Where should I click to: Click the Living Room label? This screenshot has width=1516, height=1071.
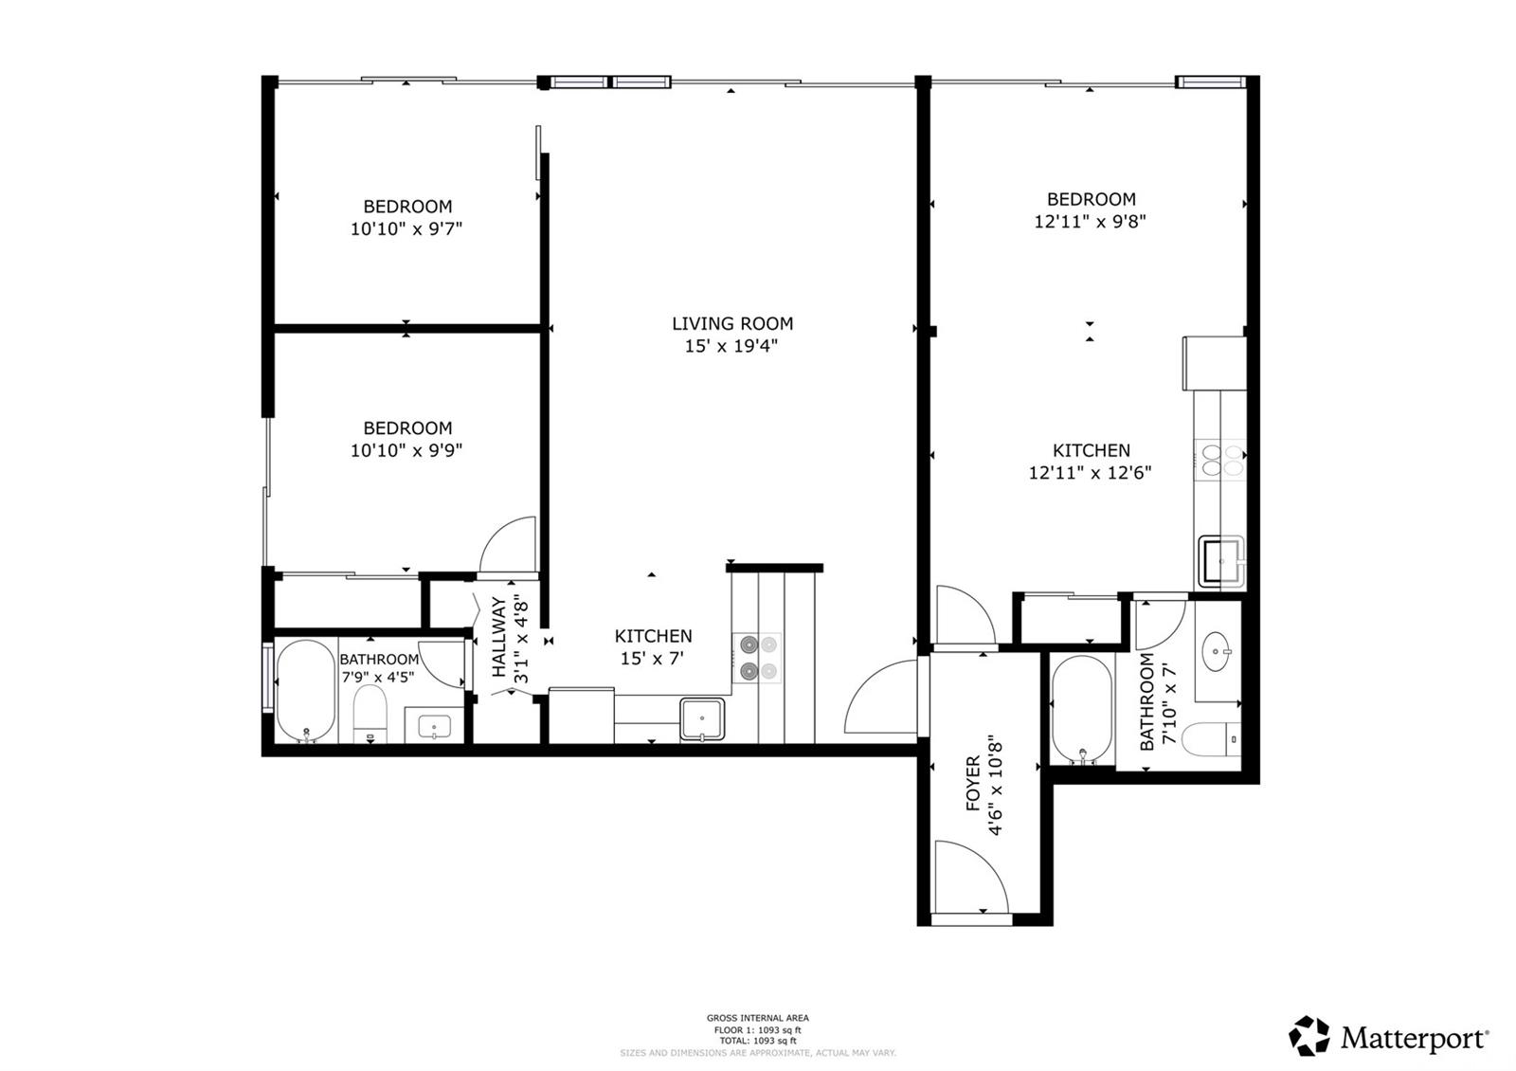[731, 323]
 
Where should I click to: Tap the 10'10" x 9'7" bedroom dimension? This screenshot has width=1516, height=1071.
[406, 228]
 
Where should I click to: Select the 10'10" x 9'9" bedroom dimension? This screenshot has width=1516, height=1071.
[406, 450]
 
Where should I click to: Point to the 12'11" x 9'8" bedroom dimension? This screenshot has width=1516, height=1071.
[1091, 222]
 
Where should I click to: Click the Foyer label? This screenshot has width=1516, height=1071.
[973, 783]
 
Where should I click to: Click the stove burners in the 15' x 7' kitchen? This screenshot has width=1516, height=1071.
[757, 657]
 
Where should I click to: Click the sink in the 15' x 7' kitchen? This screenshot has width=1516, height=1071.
[702, 719]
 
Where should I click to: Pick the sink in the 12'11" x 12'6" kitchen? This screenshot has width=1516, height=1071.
[1222, 561]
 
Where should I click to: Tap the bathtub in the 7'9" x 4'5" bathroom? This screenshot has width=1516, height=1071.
[305, 691]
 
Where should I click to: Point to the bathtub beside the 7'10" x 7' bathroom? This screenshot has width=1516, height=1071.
[1081, 709]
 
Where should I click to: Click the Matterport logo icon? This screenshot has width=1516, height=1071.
[1309, 1036]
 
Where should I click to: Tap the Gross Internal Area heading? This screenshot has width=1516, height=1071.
[757, 1018]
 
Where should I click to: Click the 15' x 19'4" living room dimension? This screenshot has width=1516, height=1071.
[731, 346]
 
